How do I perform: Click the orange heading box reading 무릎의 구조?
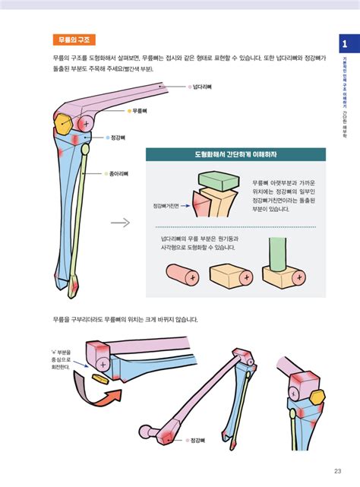(x=74, y=40)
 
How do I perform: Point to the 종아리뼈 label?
(x=120, y=174)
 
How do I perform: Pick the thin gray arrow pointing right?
(x=119, y=223)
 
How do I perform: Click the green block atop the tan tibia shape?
(x=217, y=181)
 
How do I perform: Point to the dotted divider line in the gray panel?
(x=235, y=227)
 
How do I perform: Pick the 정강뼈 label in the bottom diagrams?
(x=199, y=440)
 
